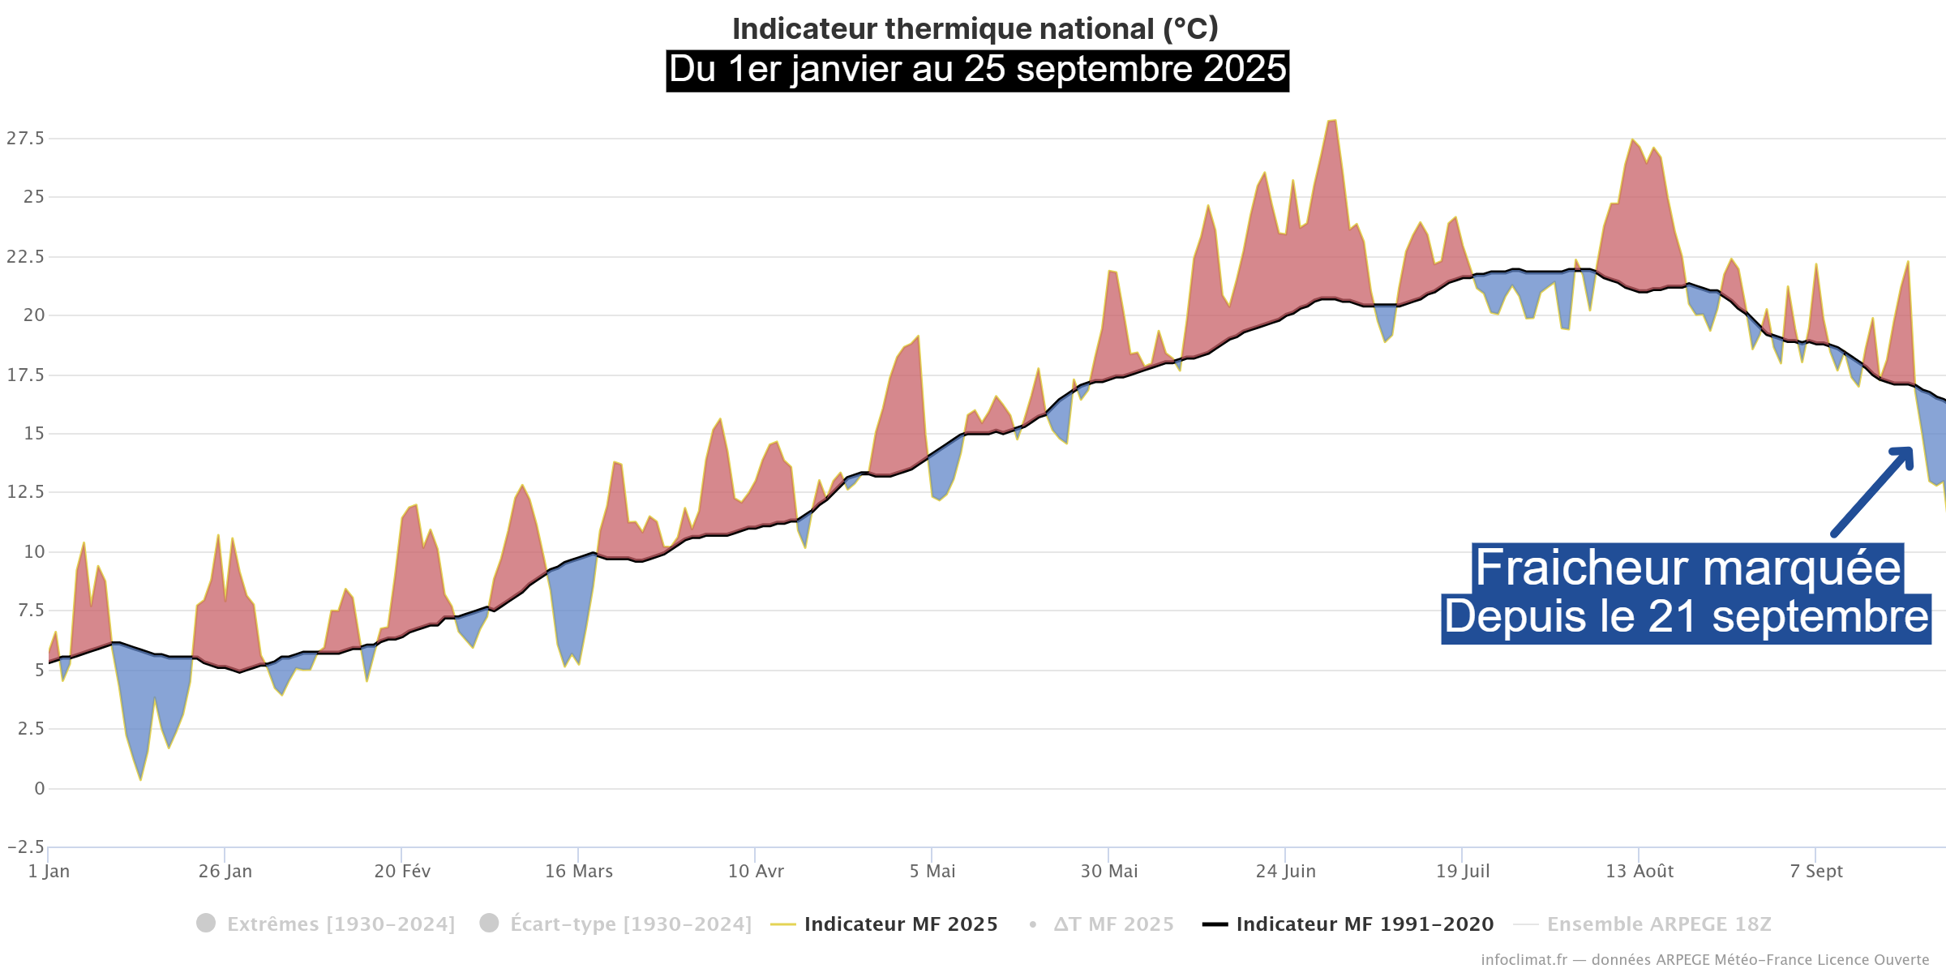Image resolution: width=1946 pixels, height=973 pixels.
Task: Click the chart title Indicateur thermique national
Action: pos(975,29)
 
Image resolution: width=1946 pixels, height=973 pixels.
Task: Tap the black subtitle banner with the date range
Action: pos(977,70)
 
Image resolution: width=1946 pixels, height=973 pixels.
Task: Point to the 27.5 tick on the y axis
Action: pos(26,139)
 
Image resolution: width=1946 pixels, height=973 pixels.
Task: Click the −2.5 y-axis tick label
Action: pos(26,847)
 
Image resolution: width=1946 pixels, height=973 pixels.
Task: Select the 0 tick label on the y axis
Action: pos(39,789)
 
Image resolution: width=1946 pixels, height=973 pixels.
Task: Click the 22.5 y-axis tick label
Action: pos(26,257)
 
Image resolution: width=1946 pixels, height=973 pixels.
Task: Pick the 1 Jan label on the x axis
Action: pos(49,872)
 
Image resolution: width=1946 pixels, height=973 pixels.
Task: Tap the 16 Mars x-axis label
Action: pos(578,872)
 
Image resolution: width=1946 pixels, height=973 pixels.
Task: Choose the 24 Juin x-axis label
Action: pos(1285,872)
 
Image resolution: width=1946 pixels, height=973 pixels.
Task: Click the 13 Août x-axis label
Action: pos(1640,872)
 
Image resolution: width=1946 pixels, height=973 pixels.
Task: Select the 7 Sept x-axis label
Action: pos(1816,872)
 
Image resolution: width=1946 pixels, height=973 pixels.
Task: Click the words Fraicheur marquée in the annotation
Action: pos(1687,568)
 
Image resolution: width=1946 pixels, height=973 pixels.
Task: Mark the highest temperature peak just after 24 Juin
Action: pos(1331,122)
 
